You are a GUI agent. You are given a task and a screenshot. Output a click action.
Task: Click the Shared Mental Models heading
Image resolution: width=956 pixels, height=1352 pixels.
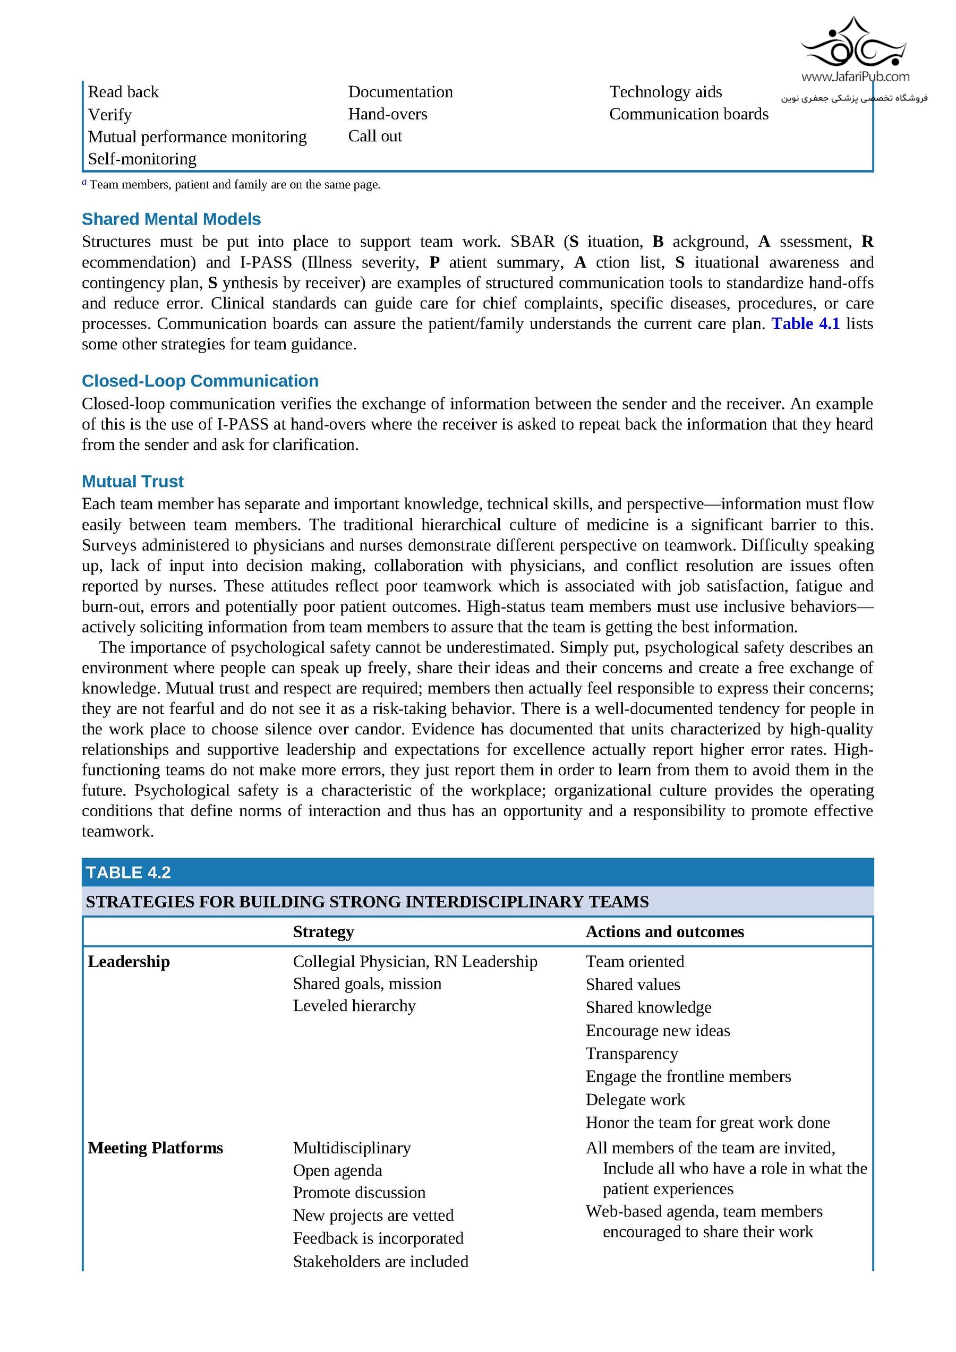(171, 219)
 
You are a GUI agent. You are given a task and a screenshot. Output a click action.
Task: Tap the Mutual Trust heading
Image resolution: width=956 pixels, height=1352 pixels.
(133, 482)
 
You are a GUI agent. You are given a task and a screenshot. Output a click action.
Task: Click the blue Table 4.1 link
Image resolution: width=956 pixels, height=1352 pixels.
(805, 324)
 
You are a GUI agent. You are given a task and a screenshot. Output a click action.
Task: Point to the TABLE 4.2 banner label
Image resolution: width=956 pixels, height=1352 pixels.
(129, 872)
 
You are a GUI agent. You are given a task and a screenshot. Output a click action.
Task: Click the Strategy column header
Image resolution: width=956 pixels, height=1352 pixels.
(323, 932)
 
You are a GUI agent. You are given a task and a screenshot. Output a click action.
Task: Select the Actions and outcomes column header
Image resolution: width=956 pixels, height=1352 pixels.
(664, 932)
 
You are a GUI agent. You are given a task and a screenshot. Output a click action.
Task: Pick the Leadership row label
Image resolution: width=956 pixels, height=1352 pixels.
(129, 962)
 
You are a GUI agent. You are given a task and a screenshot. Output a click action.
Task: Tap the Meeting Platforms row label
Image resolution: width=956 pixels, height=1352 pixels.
(156, 1148)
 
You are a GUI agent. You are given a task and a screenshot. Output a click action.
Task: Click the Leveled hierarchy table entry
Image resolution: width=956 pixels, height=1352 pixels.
(354, 1006)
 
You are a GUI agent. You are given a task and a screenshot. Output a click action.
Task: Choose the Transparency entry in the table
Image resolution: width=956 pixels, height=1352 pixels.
(631, 1054)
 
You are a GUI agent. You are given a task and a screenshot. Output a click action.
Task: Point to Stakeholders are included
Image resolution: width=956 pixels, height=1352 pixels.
(380, 1261)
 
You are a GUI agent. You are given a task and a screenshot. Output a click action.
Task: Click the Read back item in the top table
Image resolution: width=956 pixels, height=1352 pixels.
(123, 92)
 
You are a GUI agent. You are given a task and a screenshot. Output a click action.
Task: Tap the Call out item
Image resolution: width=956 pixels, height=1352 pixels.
(374, 136)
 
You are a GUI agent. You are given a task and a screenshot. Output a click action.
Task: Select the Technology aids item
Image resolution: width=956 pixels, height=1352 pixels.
(665, 92)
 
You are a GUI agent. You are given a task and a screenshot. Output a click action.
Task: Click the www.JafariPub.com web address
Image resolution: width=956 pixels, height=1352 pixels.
(855, 76)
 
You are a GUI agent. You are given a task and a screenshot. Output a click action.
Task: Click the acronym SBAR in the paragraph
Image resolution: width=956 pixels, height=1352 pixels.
(532, 242)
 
